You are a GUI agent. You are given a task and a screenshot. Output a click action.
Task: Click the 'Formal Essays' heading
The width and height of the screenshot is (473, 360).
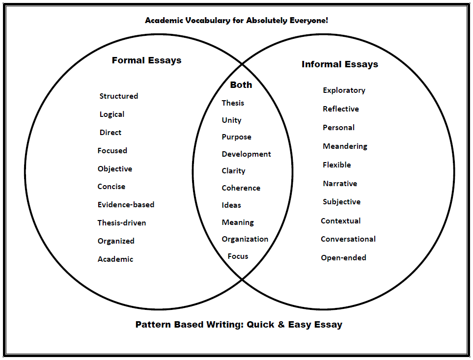click(146, 60)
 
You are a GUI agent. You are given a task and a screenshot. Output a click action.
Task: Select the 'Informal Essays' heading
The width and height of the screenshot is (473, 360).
click(340, 64)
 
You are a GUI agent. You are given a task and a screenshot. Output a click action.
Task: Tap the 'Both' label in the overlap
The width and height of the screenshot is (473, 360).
click(241, 85)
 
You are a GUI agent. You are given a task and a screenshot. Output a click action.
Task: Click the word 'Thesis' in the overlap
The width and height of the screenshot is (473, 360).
click(233, 103)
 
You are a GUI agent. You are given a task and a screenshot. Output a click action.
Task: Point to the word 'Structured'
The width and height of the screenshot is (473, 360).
click(119, 96)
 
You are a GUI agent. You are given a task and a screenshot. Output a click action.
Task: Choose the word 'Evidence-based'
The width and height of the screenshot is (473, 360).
click(126, 204)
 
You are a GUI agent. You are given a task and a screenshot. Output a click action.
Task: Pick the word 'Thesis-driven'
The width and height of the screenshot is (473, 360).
click(122, 223)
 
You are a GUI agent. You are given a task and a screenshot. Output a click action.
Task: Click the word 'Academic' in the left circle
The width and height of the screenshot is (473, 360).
click(115, 259)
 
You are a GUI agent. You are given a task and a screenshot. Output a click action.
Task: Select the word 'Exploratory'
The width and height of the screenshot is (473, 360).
click(344, 90)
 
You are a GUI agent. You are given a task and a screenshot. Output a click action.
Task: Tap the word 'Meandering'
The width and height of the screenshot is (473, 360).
click(345, 146)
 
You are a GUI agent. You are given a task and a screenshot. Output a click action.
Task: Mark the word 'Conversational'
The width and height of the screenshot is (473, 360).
click(348, 239)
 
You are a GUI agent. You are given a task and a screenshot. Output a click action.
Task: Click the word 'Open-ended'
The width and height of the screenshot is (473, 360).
click(343, 258)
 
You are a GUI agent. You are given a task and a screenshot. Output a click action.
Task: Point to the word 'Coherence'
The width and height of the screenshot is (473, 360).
click(241, 188)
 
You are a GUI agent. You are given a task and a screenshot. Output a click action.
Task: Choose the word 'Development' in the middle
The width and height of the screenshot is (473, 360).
click(246, 154)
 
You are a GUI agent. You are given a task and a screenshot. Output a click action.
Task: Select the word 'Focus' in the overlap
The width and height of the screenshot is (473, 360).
click(238, 256)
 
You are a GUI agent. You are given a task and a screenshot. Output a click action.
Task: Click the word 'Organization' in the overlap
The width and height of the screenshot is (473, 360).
click(245, 239)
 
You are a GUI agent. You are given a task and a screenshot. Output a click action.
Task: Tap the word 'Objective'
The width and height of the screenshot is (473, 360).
click(115, 169)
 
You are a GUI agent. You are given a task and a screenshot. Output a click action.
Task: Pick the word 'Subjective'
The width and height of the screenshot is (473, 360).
click(341, 202)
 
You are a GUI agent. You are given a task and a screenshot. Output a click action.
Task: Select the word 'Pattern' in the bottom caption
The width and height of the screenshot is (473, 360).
click(154, 325)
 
